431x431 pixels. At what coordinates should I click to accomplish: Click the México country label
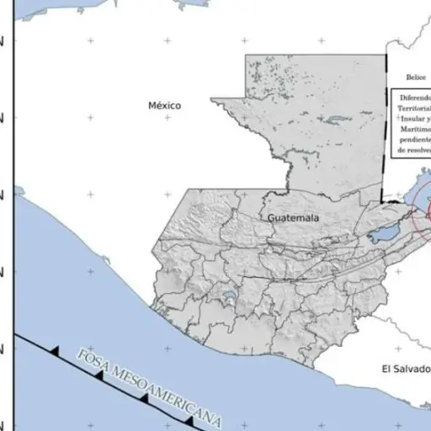(x=164, y=105)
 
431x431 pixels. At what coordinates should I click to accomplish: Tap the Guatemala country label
(x=294, y=218)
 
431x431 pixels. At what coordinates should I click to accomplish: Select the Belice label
(x=416, y=76)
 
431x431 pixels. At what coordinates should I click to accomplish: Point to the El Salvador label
(x=405, y=369)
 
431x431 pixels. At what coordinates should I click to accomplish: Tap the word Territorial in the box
(x=415, y=109)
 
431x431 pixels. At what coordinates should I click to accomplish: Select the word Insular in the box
(x=413, y=120)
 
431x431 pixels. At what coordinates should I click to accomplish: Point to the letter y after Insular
(x=428, y=120)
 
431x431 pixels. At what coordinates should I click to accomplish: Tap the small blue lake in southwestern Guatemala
(x=227, y=296)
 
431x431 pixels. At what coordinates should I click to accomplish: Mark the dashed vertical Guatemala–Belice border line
(x=384, y=126)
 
